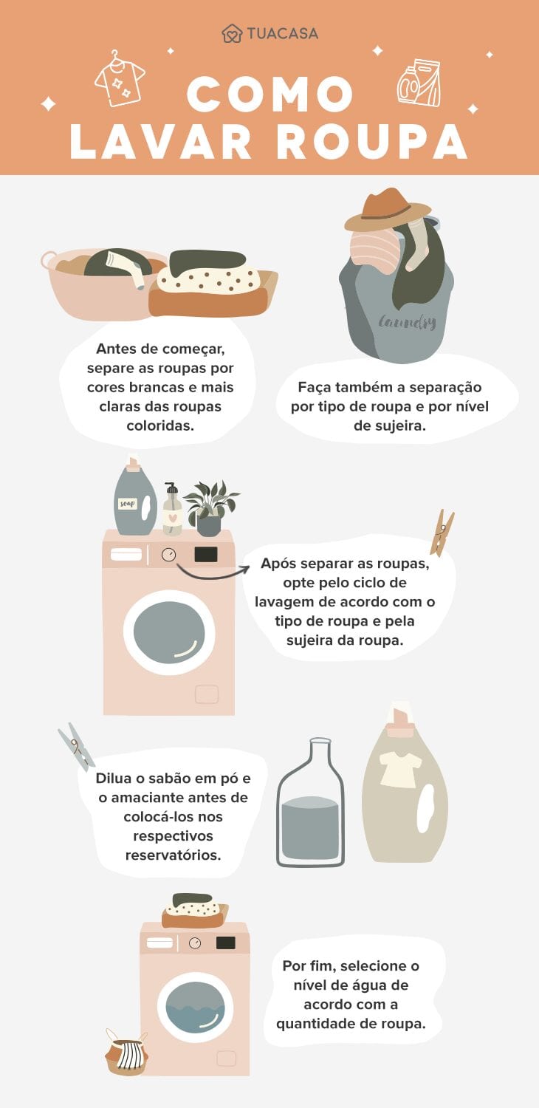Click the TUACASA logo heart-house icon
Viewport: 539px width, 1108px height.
[x=232, y=34]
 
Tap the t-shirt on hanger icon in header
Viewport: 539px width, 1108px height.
[x=120, y=78]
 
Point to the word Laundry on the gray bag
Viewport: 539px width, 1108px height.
[x=408, y=322]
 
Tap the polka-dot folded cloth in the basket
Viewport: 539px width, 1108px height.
[x=208, y=279]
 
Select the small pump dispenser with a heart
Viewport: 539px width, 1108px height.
[x=172, y=510]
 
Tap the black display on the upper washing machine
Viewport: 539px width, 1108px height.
[x=205, y=554]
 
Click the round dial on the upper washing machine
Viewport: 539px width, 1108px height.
[x=169, y=554]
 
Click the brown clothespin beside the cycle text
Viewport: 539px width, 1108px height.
[x=442, y=532]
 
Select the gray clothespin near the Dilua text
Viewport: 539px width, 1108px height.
[x=76, y=745]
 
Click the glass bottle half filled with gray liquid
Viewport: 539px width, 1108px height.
[x=310, y=805]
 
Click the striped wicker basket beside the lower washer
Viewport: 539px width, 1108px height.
[x=126, y=1055]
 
